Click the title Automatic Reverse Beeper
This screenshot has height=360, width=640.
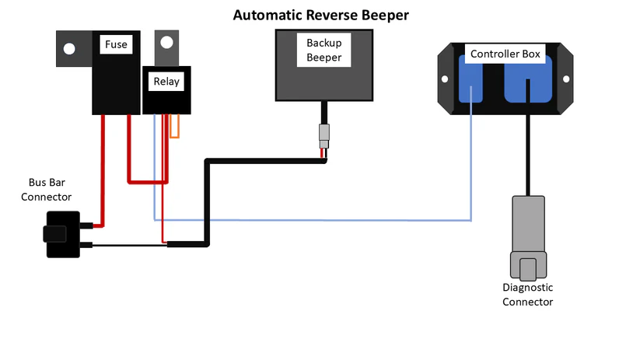point(320,16)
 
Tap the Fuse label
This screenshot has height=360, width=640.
point(116,45)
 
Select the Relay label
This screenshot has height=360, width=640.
point(165,81)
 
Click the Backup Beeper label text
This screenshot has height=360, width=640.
point(323,50)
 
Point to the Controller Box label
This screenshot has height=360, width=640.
point(505,54)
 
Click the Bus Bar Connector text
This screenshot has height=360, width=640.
point(46,190)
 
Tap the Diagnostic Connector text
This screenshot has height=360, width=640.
point(527,295)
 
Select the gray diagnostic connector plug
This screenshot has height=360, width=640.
point(528,237)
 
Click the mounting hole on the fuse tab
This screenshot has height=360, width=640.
point(69,49)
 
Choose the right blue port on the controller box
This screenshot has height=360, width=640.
point(530,82)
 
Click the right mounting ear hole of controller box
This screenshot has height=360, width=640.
point(568,79)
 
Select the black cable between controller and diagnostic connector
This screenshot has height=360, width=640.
point(529,156)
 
